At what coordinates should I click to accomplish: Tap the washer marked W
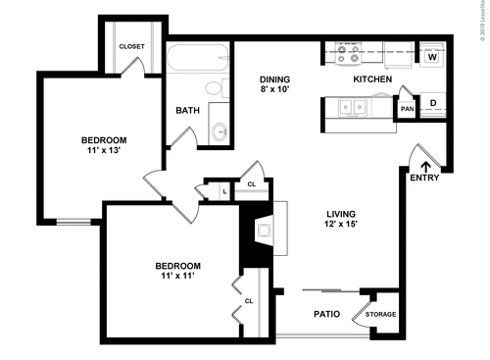[432, 57]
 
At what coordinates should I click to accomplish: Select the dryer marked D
[432, 102]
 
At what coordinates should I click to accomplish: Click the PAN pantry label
[406, 108]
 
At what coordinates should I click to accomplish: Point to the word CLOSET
[131, 46]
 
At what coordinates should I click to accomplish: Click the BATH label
[188, 110]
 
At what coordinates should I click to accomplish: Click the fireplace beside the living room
[264, 231]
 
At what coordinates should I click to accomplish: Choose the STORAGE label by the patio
[382, 314]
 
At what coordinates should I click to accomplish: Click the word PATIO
[326, 315]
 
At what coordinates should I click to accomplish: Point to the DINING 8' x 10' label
[276, 85]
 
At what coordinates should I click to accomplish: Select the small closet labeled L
[225, 190]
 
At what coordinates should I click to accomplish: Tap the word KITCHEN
[372, 78]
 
